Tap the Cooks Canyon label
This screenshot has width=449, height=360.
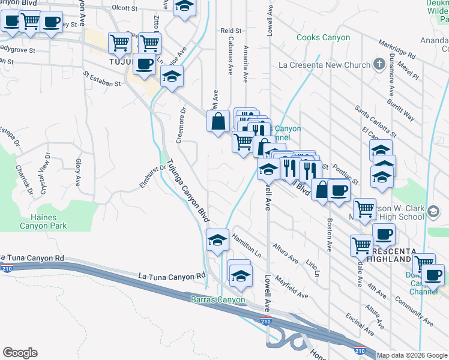[323, 37]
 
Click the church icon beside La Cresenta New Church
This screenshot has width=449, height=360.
[378, 64]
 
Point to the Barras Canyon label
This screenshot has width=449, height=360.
[218, 299]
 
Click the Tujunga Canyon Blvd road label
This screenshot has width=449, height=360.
[188, 190]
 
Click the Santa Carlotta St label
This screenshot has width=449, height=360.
[375, 121]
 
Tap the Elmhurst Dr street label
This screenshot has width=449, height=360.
[152, 177]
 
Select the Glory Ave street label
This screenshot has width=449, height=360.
[78, 171]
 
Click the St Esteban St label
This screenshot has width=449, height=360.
[103, 80]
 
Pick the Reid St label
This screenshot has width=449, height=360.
[231, 31]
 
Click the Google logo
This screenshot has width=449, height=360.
[20, 353]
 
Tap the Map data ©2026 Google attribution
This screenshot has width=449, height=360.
[412, 355]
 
